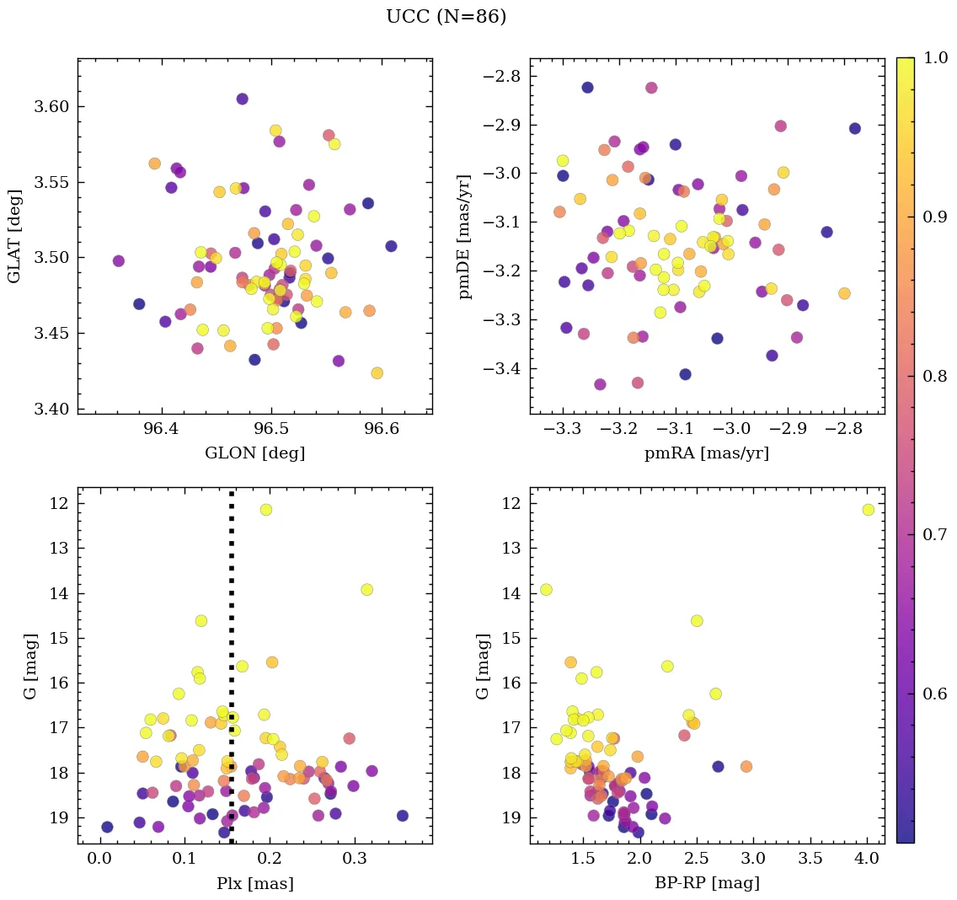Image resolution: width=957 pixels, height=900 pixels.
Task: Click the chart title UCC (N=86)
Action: pos(446,17)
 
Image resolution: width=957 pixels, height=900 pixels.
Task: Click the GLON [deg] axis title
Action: pos(254,453)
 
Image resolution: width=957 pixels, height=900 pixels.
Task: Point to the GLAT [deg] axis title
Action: pos(14,236)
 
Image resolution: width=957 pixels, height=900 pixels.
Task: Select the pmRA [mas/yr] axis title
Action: pos(706,453)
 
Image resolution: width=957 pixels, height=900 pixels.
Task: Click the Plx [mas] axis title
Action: pos(254,883)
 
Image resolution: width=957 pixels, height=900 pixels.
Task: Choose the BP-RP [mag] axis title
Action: pos(706,883)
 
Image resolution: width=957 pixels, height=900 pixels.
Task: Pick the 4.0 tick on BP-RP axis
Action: pos(867,860)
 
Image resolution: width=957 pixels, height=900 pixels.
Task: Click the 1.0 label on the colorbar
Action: pos(934,58)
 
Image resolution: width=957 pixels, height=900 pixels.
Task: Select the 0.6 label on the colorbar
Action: pos(934,694)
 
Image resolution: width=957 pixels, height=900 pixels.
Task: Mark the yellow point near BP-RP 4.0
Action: pos(868,510)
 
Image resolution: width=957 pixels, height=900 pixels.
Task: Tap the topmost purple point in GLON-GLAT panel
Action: pos(242,99)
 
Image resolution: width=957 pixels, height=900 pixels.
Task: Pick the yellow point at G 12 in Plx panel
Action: pos(266,510)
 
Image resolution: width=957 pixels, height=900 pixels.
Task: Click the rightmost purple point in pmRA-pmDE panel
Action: pos(855,129)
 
